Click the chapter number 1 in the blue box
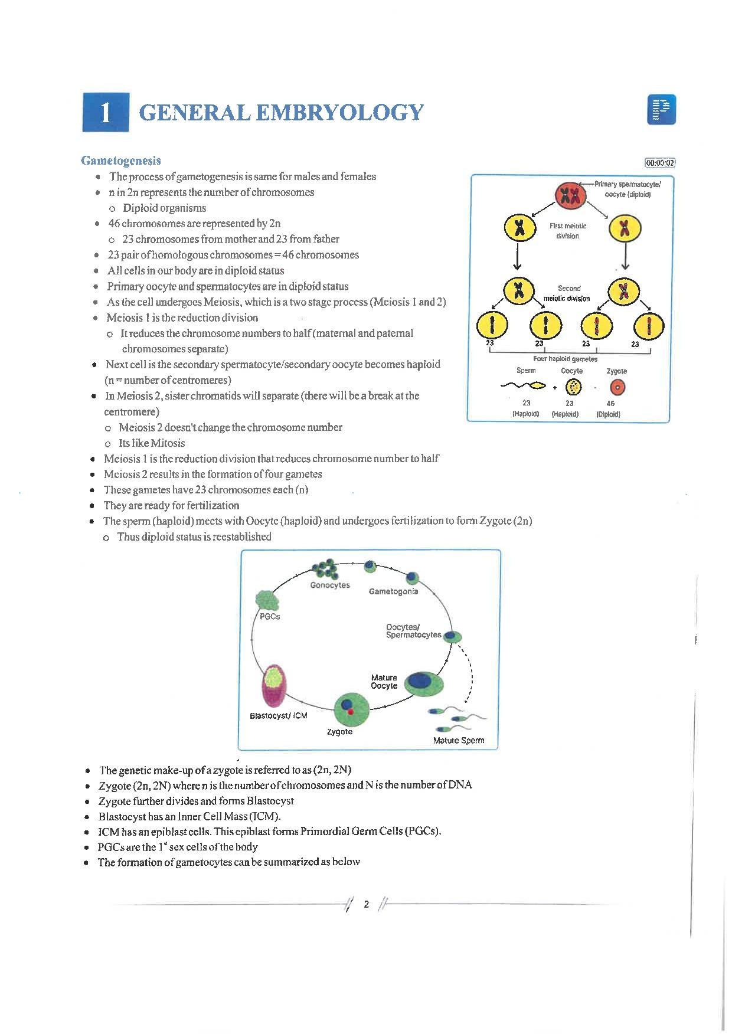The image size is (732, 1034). tap(106, 112)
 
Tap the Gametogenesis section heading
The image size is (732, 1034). tap(121, 161)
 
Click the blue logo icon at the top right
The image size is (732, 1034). tap(661, 110)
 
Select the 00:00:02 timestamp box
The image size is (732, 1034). tap(660, 163)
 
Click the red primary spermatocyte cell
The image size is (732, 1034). tap(570, 195)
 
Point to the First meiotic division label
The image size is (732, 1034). tap(568, 231)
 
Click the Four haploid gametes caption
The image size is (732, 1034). tap(565, 359)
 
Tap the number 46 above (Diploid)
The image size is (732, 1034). tap(610, 404)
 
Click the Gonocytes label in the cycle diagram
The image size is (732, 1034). tap(330, 585)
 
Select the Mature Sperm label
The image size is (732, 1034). tap(459, 740)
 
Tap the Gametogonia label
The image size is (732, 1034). tap(393, 591)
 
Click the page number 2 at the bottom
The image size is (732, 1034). tap(366, 904)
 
